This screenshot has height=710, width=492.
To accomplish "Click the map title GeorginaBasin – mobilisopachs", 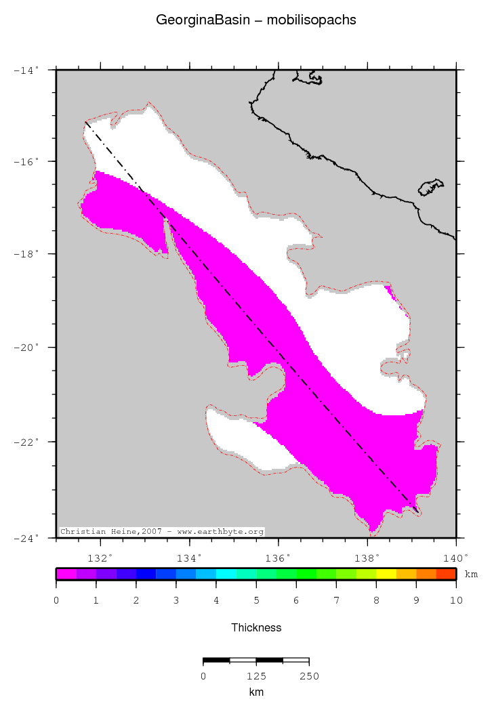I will click(255, 20).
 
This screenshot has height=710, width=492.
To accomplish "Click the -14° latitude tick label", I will click(26, 69).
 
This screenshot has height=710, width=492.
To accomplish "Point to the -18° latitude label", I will click(26, 254).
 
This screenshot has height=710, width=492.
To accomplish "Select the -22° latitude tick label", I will click(26, 442).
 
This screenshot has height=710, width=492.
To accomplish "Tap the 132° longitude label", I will click(100, 558).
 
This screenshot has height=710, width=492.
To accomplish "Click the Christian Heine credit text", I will click(161, 532).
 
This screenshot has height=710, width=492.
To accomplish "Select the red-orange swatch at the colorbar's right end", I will click(446, 574).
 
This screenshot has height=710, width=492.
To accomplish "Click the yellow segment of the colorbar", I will click(386, 574).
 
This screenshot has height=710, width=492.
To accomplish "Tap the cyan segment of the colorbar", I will click(226, 574).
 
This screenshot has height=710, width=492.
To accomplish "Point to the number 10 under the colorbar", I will click(455, 600).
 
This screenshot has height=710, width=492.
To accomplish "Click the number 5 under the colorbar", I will click(256, 600).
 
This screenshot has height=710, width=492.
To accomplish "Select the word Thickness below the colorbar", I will click(256, 627).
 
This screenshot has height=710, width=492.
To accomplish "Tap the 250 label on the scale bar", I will click(309, 675).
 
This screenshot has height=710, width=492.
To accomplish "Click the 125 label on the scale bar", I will click(256, 675).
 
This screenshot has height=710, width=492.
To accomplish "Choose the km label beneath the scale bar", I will click(256, 692).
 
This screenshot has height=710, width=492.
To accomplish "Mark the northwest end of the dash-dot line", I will click(85, 122).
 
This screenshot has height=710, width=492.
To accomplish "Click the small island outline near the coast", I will click(430, 187).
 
